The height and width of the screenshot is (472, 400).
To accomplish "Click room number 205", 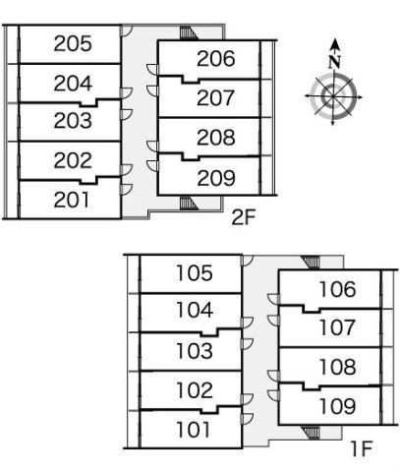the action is [73, 43].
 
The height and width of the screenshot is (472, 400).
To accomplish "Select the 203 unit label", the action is [73, 121].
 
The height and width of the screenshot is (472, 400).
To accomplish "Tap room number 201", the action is [72, 200].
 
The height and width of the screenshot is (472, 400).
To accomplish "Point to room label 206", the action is [216, 59].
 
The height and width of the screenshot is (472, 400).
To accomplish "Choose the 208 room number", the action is [216, 138].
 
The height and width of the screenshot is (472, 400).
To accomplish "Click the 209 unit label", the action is [216, 178].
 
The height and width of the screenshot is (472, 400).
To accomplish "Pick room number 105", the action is [195, 273].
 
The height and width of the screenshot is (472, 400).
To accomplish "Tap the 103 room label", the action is [195, 351].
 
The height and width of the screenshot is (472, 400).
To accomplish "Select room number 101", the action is [193, 430].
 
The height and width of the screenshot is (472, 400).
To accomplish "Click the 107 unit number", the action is [337, 327].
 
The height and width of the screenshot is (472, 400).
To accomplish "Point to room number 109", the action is [338, 406].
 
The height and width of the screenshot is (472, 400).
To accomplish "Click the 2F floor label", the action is [243, 217].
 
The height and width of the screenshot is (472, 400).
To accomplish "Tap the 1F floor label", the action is [362, 448].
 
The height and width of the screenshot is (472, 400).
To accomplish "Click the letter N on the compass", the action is [334, 62].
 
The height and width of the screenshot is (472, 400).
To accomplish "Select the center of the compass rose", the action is [333, 96].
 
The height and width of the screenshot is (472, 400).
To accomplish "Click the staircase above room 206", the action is [189, 33].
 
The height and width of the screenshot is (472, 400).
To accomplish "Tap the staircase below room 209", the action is [189, 204].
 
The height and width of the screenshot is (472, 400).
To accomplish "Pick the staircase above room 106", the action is [311, 263].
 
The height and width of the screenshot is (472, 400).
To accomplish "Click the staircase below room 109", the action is [311, 433].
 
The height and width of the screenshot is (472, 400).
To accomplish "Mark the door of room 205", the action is [126, 30].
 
